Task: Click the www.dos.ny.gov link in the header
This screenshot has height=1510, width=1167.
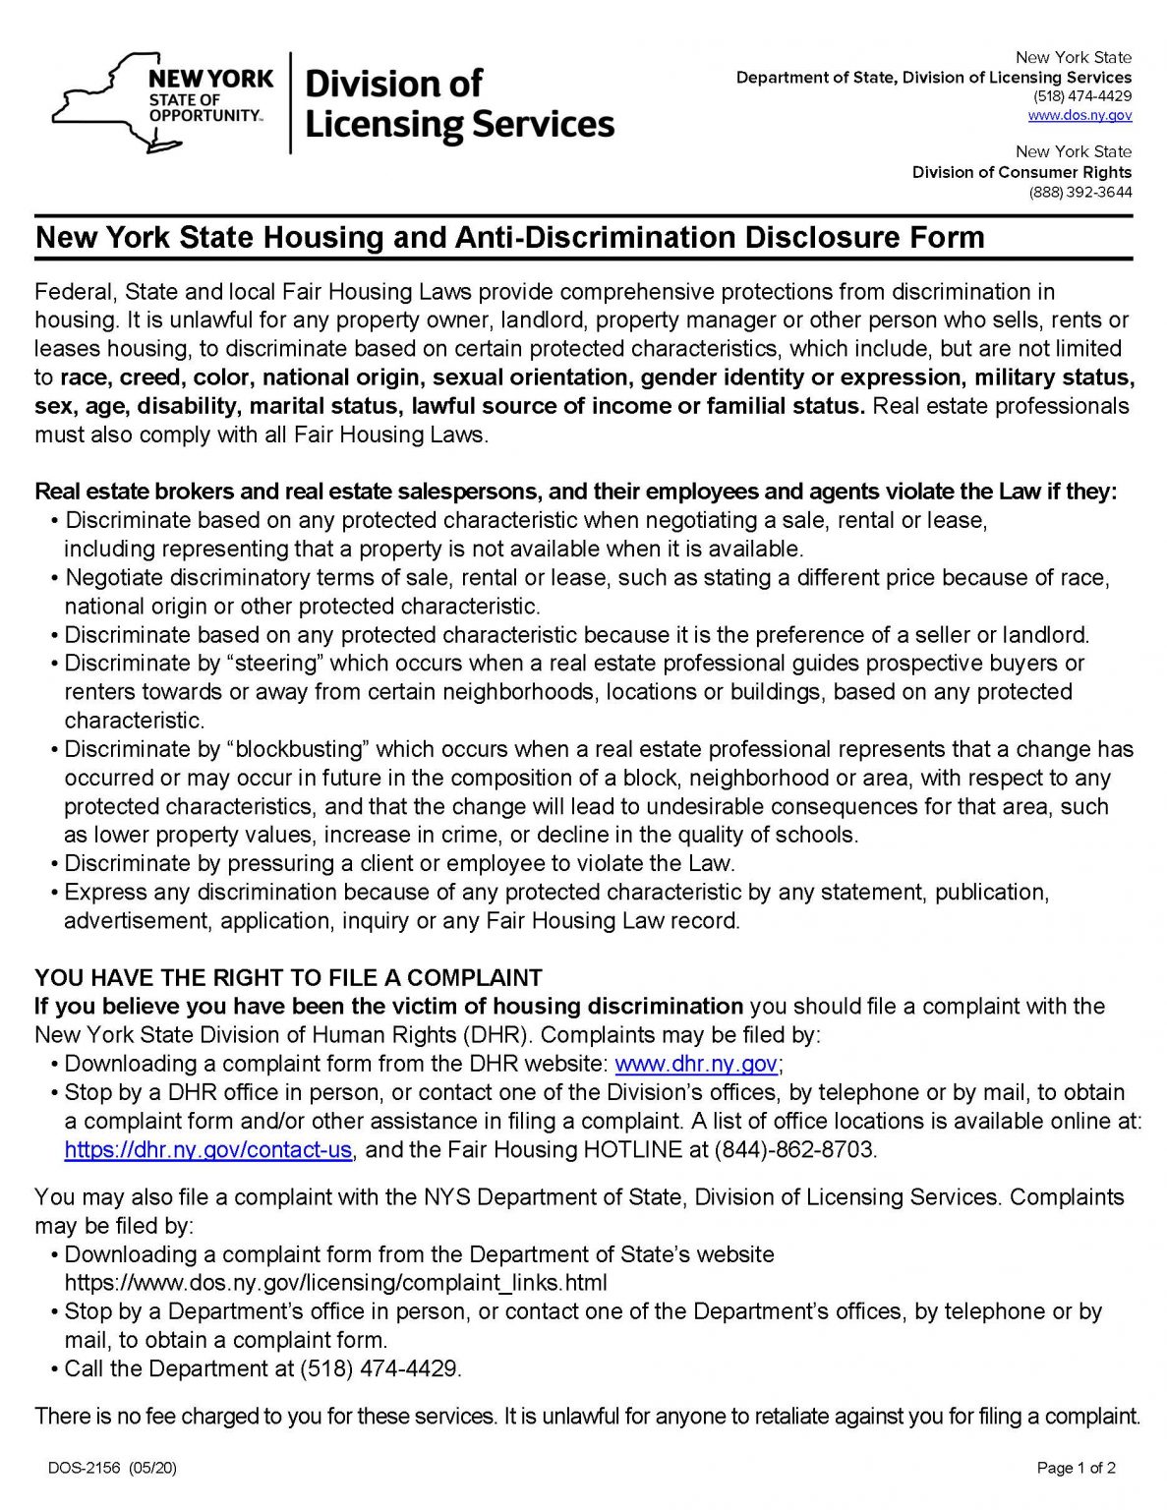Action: (x=1079, y=115)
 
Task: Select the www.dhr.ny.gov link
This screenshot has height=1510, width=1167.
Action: (x=696, y=1064)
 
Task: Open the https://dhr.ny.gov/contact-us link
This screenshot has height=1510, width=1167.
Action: (x=207, y=1149)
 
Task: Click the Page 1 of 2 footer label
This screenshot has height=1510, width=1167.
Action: (x=1077, y=1469)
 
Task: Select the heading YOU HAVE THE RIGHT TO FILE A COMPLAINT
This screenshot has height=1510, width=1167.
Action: (x=288, y=978)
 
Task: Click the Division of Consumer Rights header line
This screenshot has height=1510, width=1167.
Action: (x=1021, y=172)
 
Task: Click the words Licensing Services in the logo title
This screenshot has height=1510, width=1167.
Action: (x=460, y=125)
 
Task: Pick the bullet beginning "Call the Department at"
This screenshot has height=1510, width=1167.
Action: (x=262, y=1368)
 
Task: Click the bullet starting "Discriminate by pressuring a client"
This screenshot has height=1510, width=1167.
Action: (x=398, y=864)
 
